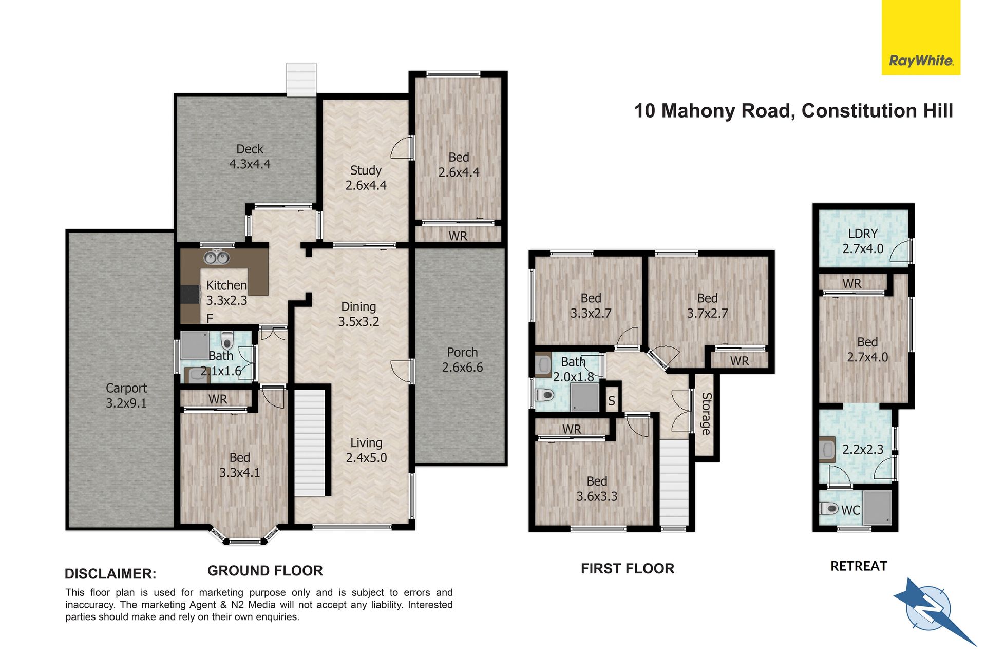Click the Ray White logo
(x=921, y=37)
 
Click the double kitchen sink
(x=217, y=257)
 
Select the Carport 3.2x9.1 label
(x=126, y=396)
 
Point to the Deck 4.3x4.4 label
(x=250, y=157)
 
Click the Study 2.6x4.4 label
(x=366, y=178)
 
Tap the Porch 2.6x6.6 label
(x=462, y=360)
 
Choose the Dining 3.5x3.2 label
(x=358, y=314)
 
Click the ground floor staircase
(x=310, y=442)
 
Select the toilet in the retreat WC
(x=828, y=509)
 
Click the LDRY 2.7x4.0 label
(x=863, y=241)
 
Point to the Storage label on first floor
(x=707, y=414)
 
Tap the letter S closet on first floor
(x=611, y=400)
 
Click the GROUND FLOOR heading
(x=265, y=571)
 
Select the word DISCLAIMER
(x=110, y=574)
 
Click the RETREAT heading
(x=859, y=566)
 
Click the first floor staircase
(x=674, y=482)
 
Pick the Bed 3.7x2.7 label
(x=707, y=306)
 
